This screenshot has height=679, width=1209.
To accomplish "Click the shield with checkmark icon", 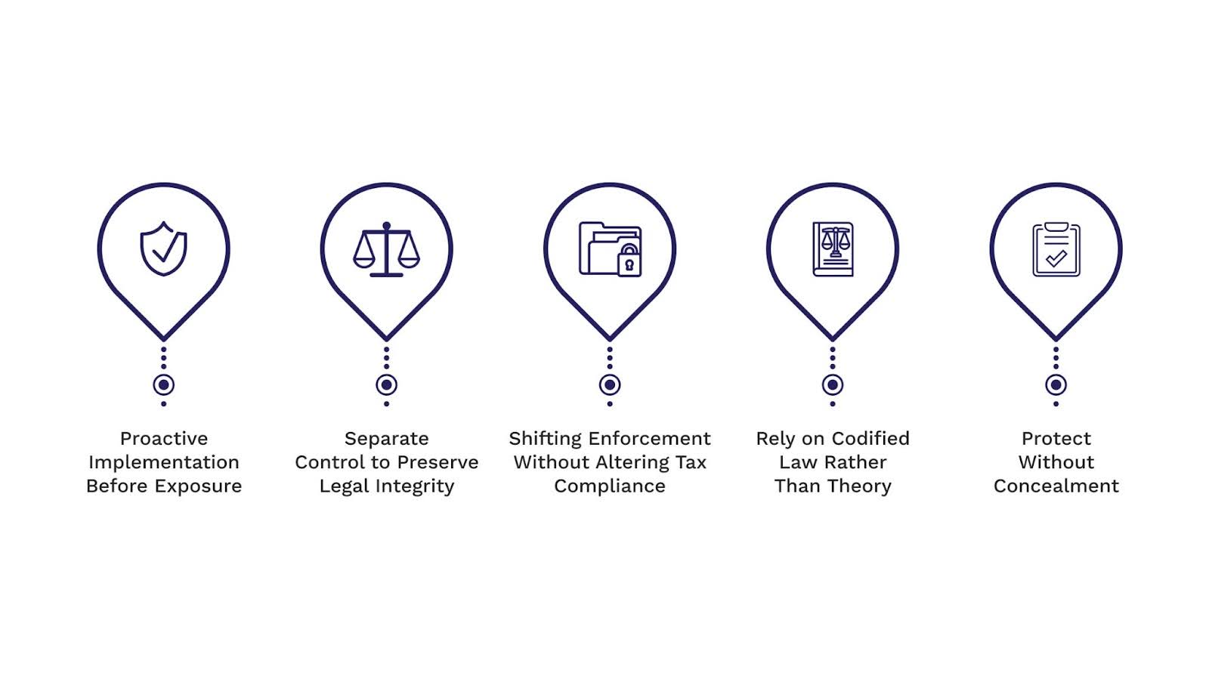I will [163, 248].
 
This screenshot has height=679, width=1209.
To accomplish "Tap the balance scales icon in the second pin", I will [386, 249].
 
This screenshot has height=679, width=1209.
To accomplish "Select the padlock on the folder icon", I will [629, 261].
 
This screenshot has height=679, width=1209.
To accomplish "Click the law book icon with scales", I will [833, 248].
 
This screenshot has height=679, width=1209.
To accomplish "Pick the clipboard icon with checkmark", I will [1056, 249].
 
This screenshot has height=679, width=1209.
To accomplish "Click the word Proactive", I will [164, 439].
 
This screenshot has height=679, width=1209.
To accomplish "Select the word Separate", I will [386, 439].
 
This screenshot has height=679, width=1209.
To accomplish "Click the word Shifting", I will [546, 439].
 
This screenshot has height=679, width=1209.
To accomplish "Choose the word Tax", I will [691, 462].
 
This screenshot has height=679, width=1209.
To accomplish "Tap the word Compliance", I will [610, 486].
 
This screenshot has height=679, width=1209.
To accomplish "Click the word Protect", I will [1056, 439].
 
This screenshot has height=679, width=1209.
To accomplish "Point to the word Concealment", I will [1056, 486].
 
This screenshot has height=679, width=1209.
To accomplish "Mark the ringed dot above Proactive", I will [163, 384].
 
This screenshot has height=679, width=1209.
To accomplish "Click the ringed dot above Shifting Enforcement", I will [610, 384].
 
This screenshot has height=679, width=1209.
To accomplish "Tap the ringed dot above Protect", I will [1056, 384].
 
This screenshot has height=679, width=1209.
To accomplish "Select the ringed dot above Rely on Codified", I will [833, 384].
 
